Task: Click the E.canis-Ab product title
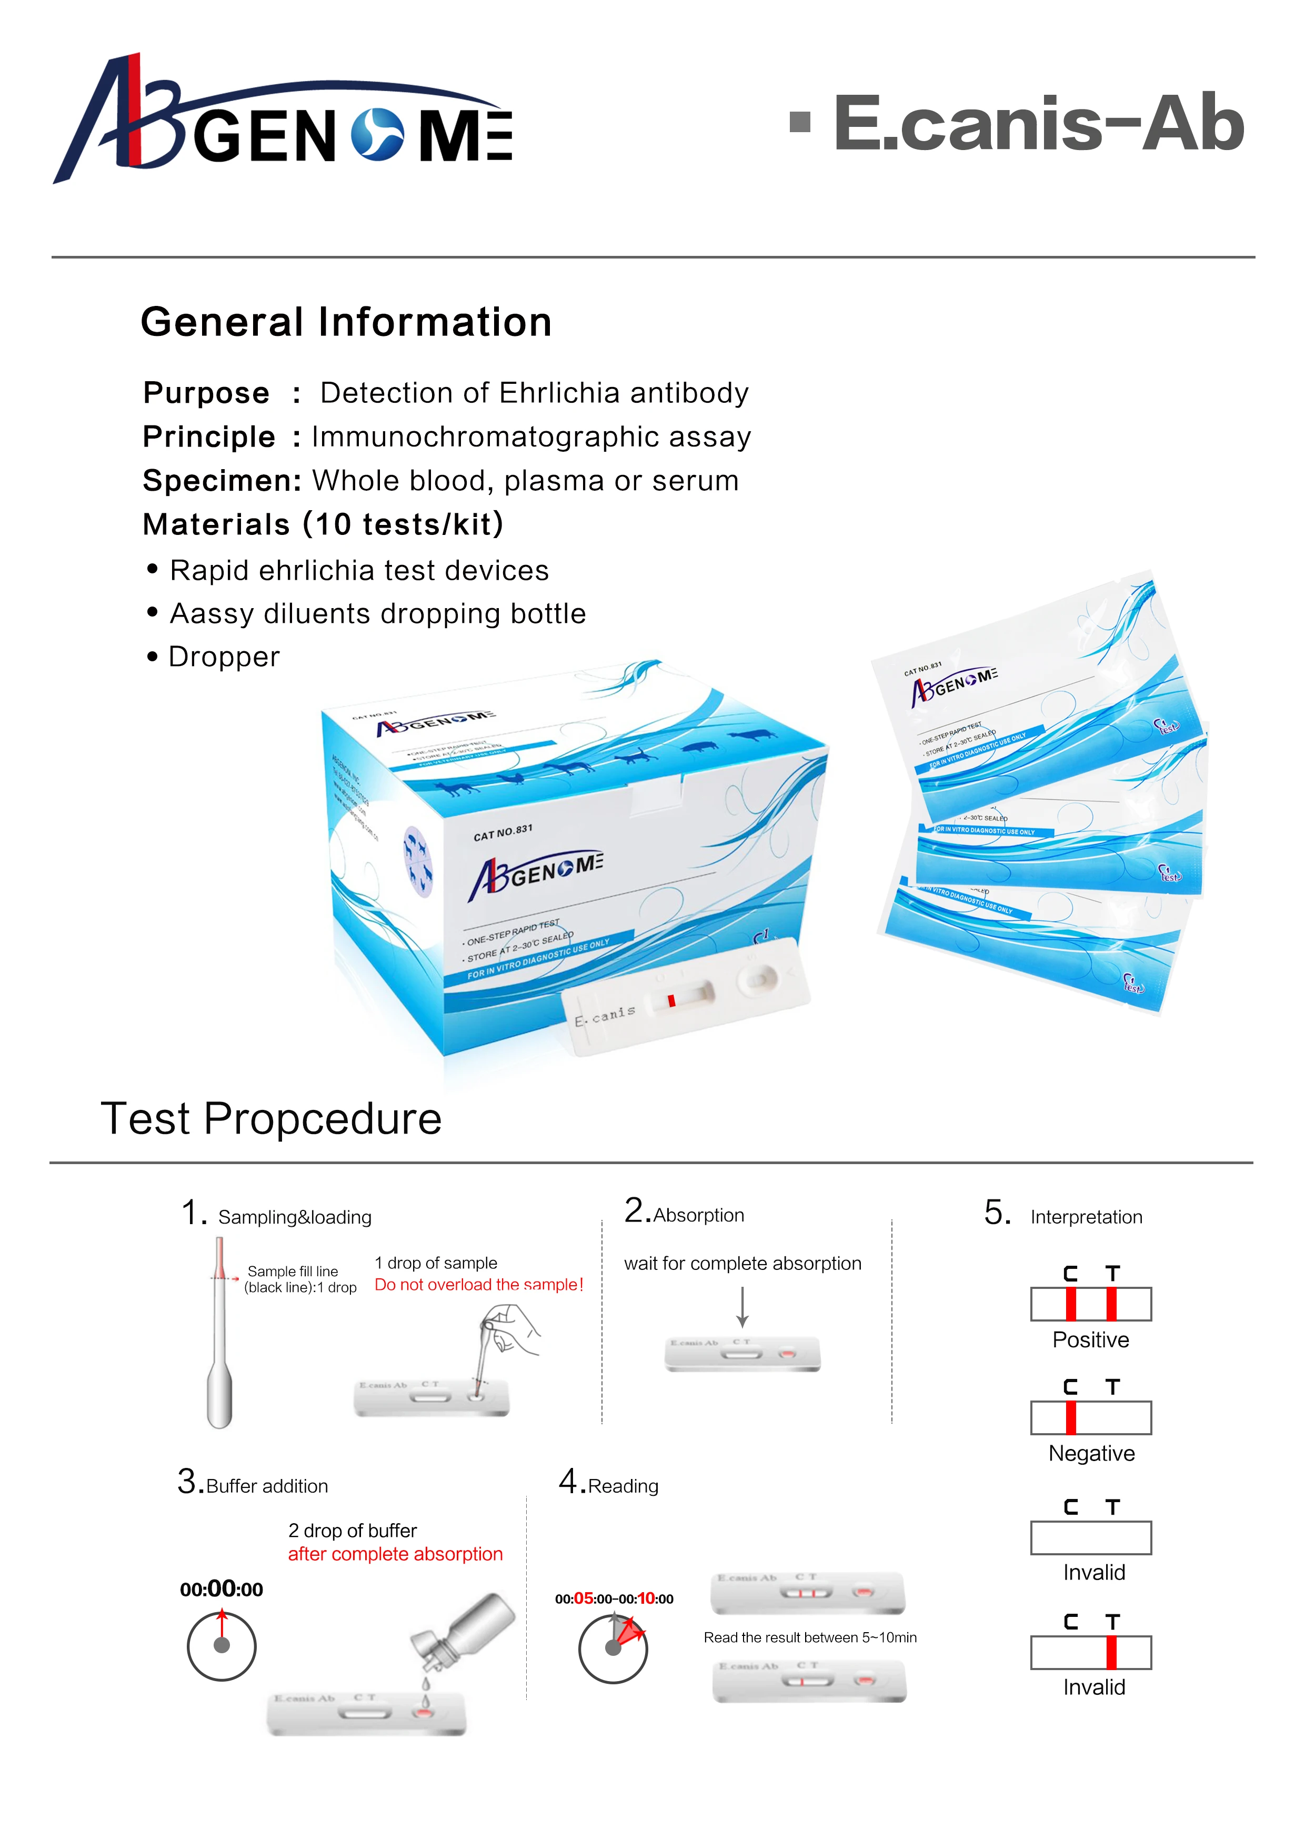[x=1038, y=123]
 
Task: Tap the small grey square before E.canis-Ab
[x=799, y=122]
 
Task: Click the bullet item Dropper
[x=224, y=657]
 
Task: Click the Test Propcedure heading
[x=271, y=1118]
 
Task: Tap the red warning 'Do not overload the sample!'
[x=478, y=1285]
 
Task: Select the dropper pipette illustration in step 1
[x=219, y=1335]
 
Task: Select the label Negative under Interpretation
[x=1091, y=1454]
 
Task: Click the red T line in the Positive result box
[x=1111, y=1304]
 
